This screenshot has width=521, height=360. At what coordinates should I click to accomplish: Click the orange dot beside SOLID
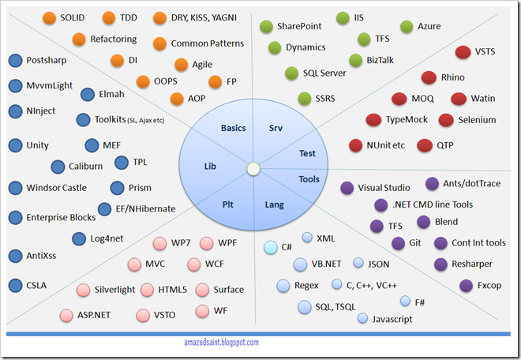coord(49,18)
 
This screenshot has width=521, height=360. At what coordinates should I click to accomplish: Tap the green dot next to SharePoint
coord(265,26)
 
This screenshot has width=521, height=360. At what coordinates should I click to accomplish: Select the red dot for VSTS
coord(463,53)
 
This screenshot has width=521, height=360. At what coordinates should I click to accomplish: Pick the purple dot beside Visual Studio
coord(346,188)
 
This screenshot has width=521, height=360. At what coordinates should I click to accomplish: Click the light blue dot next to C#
coord(271,247)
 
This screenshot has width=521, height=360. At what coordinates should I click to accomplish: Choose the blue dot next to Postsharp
coord(14,60)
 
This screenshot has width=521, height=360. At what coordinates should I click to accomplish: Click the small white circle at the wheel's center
coord(253,169)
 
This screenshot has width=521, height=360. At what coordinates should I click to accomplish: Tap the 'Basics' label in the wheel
coord(234,128)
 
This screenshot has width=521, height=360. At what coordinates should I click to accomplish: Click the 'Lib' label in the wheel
coord(210,167)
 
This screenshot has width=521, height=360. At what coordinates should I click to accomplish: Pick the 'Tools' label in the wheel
coord(309,179)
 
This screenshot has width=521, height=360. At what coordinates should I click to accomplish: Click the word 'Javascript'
coord(392,318)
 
